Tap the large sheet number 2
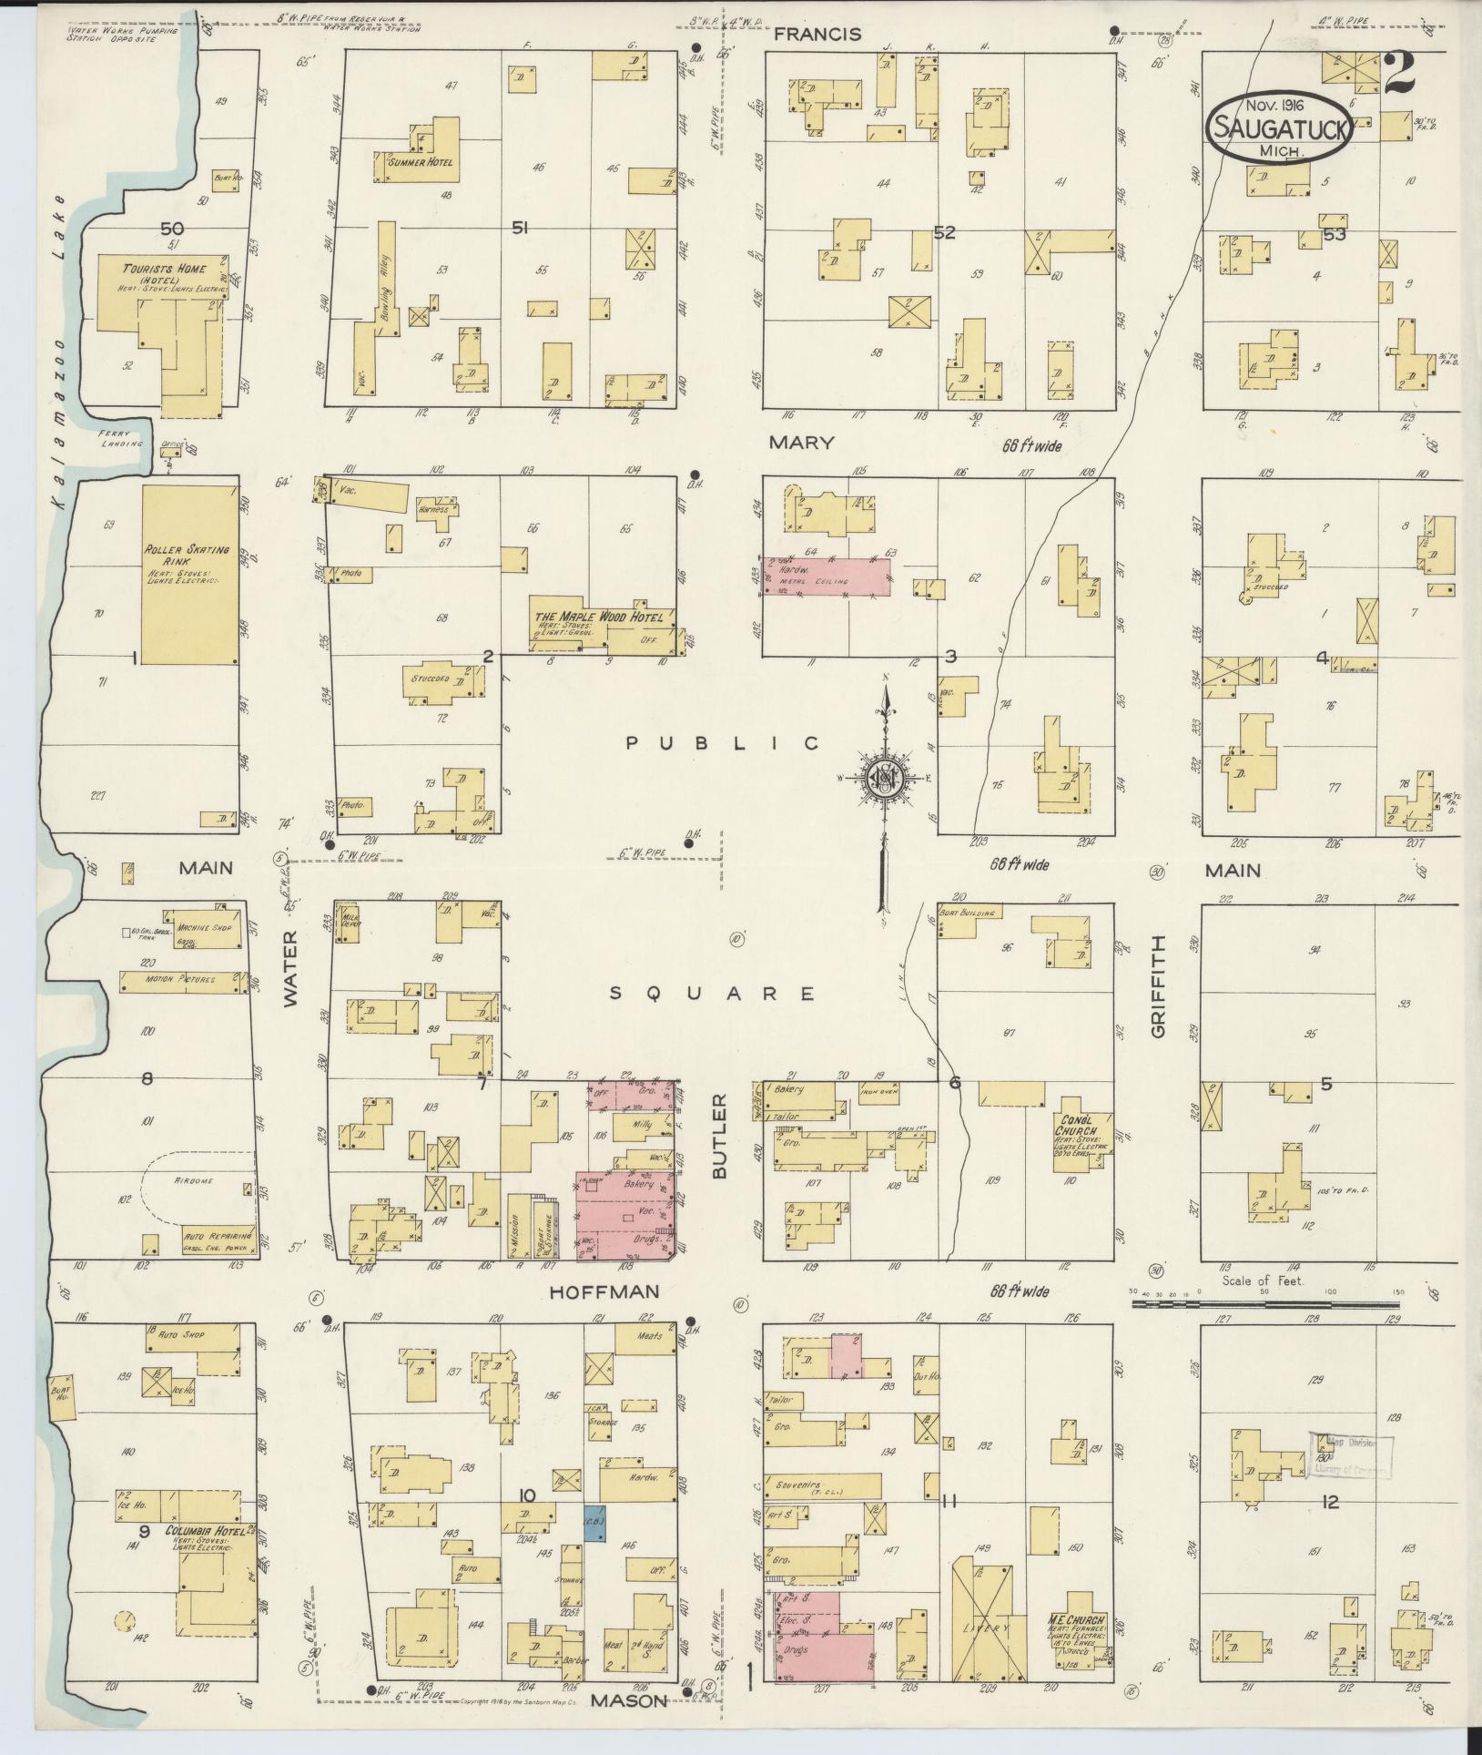[x=1399, y=74]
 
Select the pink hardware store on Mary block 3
[x=825, y=578]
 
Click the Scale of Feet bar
[x=1264, y=1305]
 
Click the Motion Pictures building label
[x=181, y=980]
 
